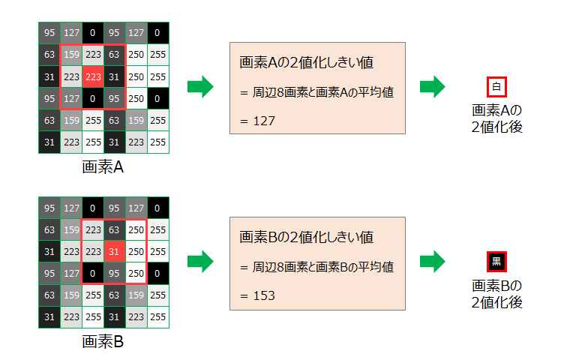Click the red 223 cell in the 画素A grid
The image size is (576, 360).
click(x=93, y=76)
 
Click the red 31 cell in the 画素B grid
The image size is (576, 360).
click(x=115, y=251)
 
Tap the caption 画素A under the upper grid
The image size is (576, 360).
click(x=103, y=166)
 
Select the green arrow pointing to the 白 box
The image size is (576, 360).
click(x=433, y=87)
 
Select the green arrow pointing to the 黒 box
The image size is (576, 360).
click(x=433, y=262)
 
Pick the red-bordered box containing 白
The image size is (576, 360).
click(x=496, y=87)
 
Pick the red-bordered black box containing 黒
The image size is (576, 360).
click(x=496, y=262)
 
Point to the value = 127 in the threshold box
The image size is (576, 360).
click(x=259, y=120)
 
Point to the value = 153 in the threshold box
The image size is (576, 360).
click(x=259, y=295)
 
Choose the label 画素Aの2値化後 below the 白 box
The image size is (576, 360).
click(x=497, y=118)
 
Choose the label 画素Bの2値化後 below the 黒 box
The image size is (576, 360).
click(x=497, y=294)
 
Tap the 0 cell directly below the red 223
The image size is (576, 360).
click(x=93, y=97)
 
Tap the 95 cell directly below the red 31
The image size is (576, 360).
click(x=115, y=273)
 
